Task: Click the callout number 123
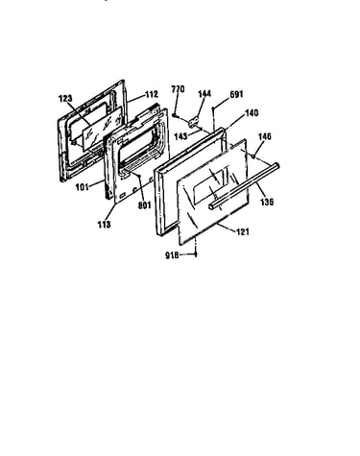65,99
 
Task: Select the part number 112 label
152,94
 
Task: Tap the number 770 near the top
178,89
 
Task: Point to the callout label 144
204,93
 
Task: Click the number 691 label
236,94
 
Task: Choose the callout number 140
252,113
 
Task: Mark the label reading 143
180,136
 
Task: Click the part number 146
265,136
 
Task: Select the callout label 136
267,202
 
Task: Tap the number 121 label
243,231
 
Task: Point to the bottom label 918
172,255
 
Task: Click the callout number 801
144,205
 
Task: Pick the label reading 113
105,225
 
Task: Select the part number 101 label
82,187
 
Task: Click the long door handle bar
244,186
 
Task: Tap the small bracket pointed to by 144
193,122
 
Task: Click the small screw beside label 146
253,156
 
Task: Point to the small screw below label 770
175,114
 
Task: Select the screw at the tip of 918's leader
196,254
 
